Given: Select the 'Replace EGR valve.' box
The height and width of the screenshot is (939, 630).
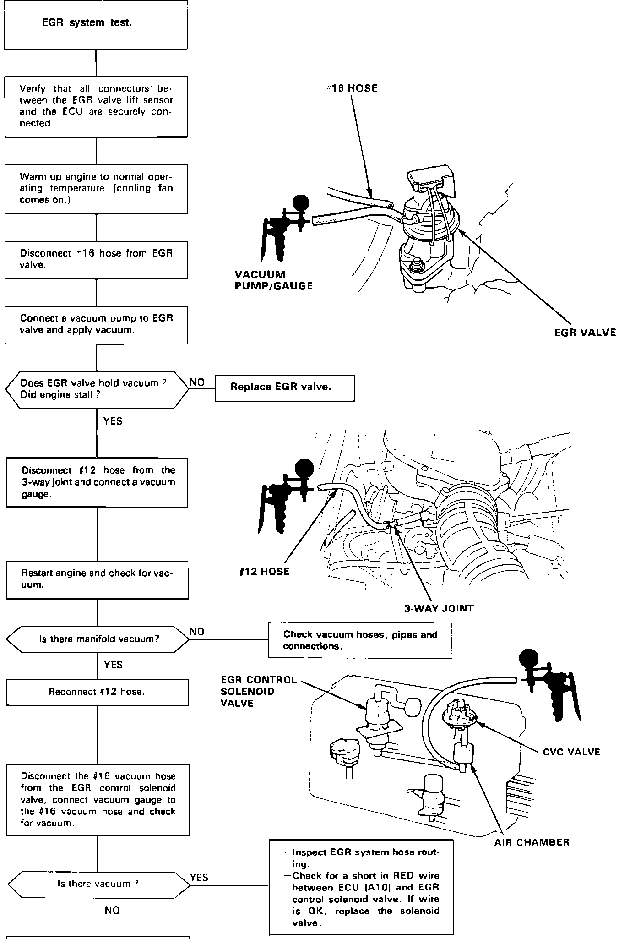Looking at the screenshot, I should coord(284,388).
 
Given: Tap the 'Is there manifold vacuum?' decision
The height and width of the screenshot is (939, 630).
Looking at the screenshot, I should coord(98,639).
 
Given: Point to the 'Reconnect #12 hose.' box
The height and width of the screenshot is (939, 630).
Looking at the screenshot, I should coord(97,692).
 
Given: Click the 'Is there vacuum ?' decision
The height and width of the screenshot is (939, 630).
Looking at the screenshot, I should coord(98,884).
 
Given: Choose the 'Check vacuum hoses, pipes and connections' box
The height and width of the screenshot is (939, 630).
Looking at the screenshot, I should coord(360,640).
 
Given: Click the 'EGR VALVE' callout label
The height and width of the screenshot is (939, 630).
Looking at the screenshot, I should coord(585,333).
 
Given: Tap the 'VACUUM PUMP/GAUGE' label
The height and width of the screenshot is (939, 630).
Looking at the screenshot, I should coord(273,280).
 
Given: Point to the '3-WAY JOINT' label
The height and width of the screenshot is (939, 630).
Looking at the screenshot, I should coord(439,608).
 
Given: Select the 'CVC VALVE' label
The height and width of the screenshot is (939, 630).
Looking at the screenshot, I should coord(570,752).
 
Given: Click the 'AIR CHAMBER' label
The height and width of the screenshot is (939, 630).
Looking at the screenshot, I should coord(532,842).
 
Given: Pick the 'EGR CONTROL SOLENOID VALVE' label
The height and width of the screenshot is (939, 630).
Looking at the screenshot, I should coord(258,691).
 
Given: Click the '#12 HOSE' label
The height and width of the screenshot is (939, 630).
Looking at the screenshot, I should coord(264,571).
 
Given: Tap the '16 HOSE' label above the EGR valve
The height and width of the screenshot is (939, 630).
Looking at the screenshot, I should coord(353,88).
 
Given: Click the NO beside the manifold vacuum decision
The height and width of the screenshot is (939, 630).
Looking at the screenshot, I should coord(197,632).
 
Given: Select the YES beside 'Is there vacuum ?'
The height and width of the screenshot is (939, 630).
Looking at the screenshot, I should coord(199,877).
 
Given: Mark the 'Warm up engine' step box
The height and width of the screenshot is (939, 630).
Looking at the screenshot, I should coord(96,189).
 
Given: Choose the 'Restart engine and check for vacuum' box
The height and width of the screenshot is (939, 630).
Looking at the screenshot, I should coord(97,579).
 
